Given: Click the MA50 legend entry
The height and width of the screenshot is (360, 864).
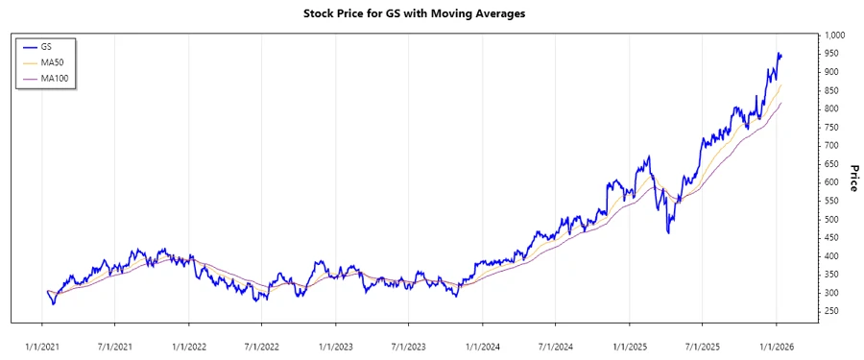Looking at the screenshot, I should [x=54, y=61].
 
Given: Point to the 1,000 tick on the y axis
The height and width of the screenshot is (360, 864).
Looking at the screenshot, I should [x=834, y=35].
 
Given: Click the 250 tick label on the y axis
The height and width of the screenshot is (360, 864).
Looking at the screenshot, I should [x=831, y=311].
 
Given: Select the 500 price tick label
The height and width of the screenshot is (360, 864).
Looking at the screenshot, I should [x=831, y=219].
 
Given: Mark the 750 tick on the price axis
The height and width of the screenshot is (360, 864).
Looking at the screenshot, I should [x=831, y=127].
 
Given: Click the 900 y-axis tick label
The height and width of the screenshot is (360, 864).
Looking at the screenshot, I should [x=831, y=72].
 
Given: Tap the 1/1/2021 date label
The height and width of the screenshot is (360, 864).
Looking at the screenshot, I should [x=42, y=344].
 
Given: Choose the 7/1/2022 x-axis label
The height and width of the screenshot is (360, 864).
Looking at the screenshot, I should [x=261, y=344].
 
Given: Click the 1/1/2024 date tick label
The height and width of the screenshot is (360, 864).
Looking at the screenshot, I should [x=482, y=344].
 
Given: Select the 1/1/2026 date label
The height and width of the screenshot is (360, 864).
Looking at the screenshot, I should [x=776, y=344].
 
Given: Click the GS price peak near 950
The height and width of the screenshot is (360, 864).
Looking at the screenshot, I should [x=779, y=54].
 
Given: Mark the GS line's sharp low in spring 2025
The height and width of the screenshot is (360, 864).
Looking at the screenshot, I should [x=668, y=232].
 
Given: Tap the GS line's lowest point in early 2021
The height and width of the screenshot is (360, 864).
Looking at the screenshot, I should [x=53, y=304].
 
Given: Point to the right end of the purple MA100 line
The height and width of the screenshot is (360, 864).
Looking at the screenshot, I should [x=781, y=102].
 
